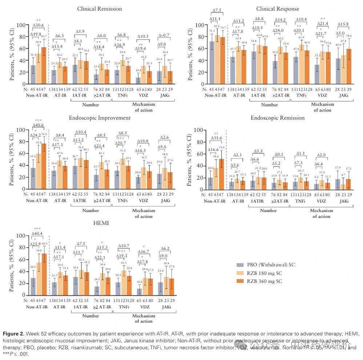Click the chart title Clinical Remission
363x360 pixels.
(100, 9)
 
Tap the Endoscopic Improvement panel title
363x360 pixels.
(100, 117)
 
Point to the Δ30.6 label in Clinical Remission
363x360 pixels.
(38, 25)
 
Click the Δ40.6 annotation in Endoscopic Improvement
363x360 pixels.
(38, 125)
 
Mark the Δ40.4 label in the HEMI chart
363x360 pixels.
(38, 233)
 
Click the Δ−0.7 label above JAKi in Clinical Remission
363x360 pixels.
(164, 36)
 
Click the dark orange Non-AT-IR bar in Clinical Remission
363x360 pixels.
(44, 65)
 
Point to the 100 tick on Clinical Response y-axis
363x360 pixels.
(199, 25)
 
